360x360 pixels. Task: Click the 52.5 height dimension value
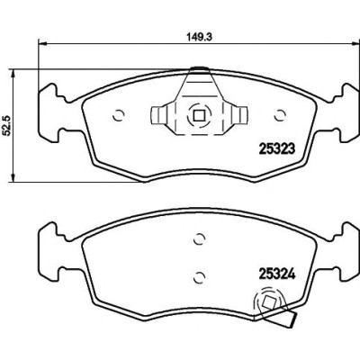pos(8,125)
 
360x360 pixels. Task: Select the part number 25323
pos(277,148)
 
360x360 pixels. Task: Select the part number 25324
pos(277,274)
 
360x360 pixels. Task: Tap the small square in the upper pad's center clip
pos(198,115)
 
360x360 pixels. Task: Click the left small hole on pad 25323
pos(119,115)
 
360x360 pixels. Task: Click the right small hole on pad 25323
pos(280,115)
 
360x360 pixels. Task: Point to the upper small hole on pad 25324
pos(199,239)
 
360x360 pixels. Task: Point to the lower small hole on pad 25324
pos(199,277)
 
